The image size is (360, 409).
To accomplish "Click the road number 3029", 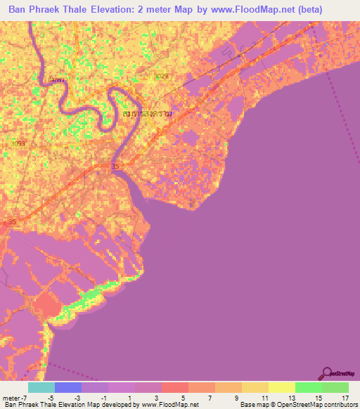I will tap(162, 75).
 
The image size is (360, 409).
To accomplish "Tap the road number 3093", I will tap(18, 143).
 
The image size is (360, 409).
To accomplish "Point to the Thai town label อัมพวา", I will tap(59, 79).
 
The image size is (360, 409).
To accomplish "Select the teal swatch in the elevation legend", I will tap(41, 387).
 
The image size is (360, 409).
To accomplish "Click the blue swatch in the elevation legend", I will tap(68, 387).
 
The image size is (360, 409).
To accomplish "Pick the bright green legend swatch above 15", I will tap(308, 387).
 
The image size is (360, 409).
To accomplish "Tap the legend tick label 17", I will tap(345, 398).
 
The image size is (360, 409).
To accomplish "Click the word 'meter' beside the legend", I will tap(11, 398).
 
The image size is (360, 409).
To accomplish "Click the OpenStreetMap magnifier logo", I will tap(327, 375).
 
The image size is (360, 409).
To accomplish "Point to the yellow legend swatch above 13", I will tap(281, 387).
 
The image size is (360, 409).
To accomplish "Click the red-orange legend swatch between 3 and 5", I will tap(174, 387).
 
